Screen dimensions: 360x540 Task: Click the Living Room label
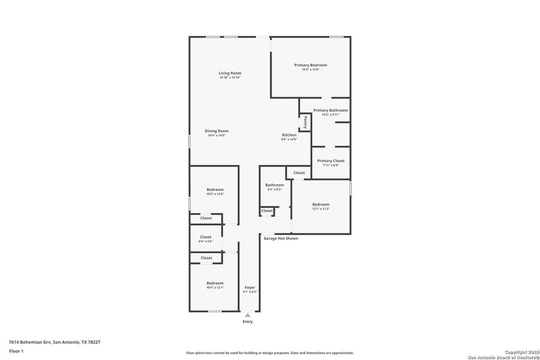point(230,73)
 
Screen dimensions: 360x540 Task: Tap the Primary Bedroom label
point(310,65)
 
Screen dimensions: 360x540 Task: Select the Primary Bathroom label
point(330,110)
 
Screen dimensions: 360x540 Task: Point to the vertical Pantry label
point(305,122)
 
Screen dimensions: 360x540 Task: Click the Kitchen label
point(289,135)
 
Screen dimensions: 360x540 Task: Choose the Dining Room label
point(217,131)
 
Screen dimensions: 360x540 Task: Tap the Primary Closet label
point(331,161)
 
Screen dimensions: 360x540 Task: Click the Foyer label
point(250,287)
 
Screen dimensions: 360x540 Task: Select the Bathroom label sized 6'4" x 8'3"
point(275,185)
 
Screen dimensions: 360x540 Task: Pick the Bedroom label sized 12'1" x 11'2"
point(320,205)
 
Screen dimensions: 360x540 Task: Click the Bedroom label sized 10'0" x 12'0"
point(215,190)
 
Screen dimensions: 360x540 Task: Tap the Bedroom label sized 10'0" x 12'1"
point(215,283)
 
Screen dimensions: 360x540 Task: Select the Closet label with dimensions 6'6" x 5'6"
point(206,237)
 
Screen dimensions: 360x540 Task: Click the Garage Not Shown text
point(281,238)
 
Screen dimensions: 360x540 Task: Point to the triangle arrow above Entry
point(248,314)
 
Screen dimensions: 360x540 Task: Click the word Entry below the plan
point(248,322)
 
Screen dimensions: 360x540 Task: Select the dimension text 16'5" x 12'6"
point(310,70)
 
